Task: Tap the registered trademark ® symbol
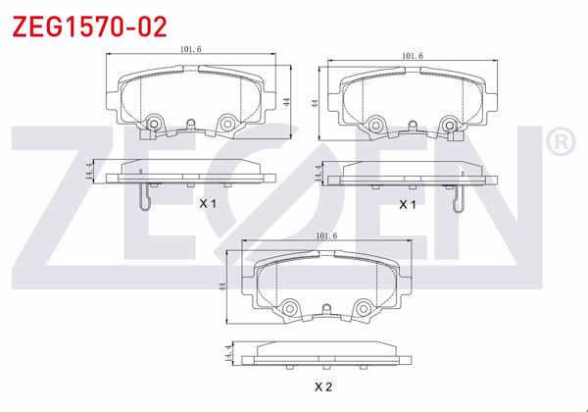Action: pyautogui.click(x=558, y=144)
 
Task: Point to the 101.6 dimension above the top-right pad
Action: pyautogui.click(x=413, y=56)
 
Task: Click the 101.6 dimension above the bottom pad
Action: pyautogui.click(x=326, y=235)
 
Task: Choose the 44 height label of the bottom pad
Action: pyautogui.click(x=223, y=286)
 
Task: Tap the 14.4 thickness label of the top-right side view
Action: pyautogui.click(x=318, y=175)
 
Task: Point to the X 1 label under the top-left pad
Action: pyautogui.click(x=207, y=204)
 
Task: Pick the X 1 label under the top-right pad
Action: pyautogui.click(x=408, y=204)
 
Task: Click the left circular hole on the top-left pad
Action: pyautogui.click(x=153, y=124)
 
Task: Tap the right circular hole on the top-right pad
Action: pyautogui.click(x=450, y=124)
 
